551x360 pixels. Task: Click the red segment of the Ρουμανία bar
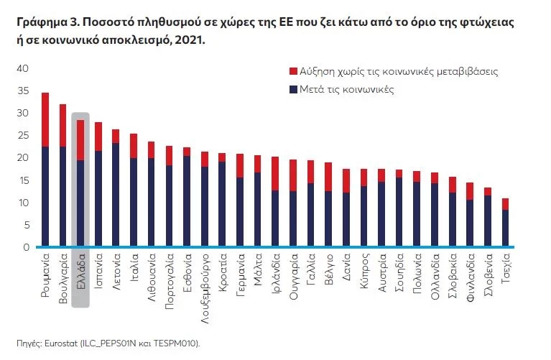[45, 119]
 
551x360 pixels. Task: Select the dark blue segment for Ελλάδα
[80, 203]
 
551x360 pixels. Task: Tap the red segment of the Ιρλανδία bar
[275, 173]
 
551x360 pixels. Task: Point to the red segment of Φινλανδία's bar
[470, 191]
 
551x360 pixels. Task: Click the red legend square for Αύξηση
[292, 72]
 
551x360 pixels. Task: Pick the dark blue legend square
[292, 90]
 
